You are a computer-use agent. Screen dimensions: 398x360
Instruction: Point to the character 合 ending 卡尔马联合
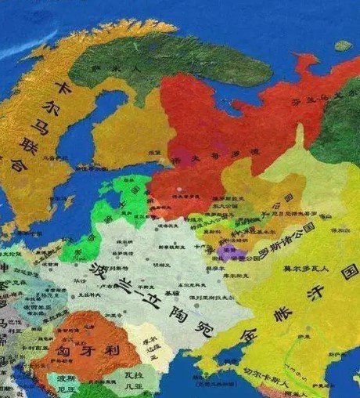[x=15, y=166]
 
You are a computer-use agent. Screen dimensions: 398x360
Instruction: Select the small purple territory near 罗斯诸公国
[x=229, y=252]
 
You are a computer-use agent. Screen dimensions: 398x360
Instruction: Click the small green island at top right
[x=343, y=45]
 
